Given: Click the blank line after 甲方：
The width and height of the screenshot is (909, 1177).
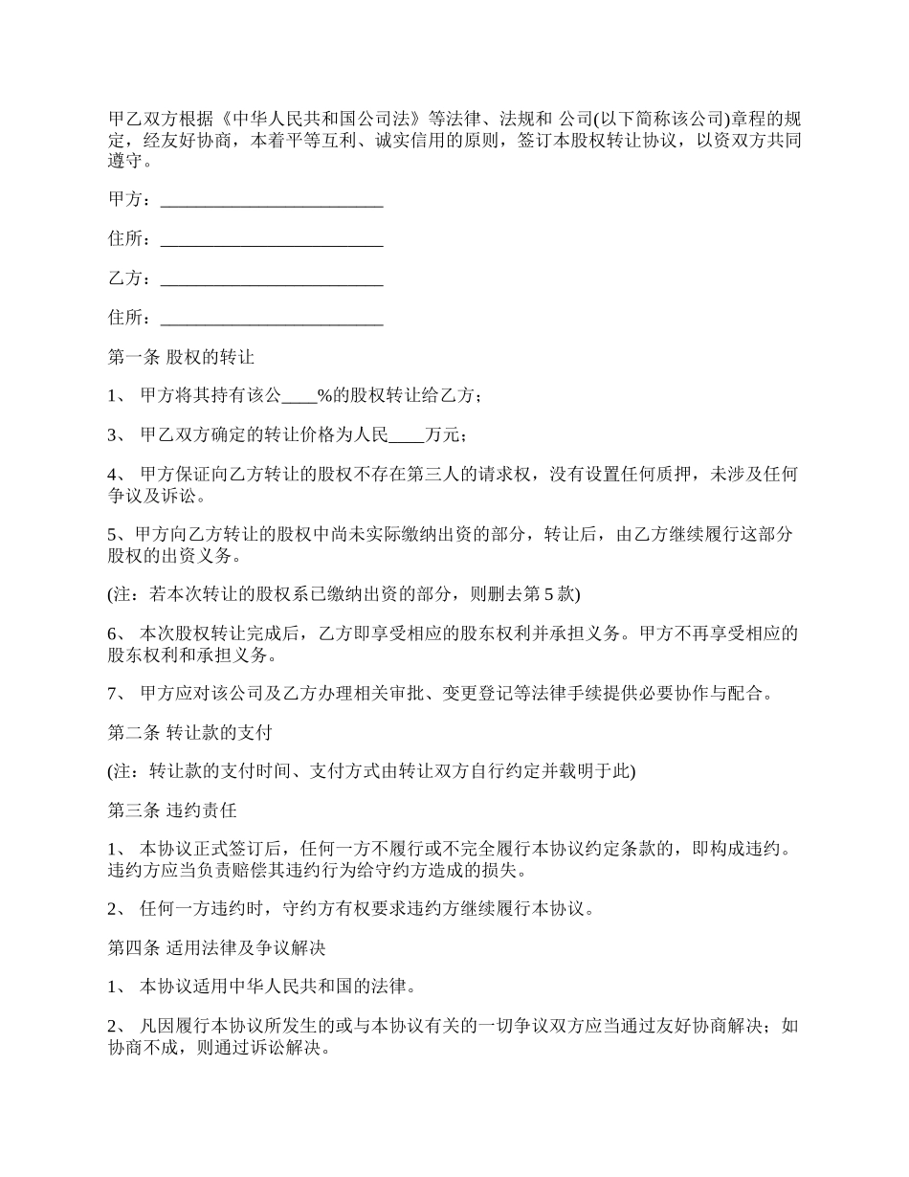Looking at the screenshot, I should pyautogui.click(x=272, y=200).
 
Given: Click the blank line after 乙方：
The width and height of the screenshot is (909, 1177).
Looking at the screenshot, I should pyautogui.click(x=272, y=278).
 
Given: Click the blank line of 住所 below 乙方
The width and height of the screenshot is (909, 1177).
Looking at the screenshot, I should pyautogui.click(x=272, y=318).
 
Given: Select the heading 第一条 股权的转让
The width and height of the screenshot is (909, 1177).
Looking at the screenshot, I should pyautogui.click(x=181, y=357).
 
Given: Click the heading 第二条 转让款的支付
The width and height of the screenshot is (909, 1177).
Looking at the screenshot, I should pyautogui.click(x=190, y=733).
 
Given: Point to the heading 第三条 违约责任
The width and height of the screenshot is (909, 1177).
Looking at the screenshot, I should pyautogui.click(x=172, y=811).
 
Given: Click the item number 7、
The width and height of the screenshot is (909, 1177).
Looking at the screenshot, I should pyautogui.click(x=119, y=694).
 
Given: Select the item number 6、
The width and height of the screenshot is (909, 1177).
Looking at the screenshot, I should pyautogui.click(x=119, y=633).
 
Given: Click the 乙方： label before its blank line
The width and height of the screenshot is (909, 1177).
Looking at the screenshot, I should pyautogui.click(x=129, y=278).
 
